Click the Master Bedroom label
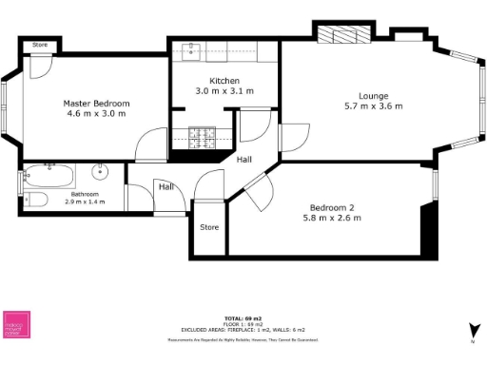tap(96, 103)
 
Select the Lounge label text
tap(373, 95)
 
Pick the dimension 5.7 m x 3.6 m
tap(373, 106)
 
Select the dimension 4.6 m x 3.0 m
tap(96, 113)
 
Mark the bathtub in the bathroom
tap(48, 175)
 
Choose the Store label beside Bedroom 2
tap(209, 227)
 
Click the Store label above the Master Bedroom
tap(40, 45)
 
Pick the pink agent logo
tap(17, 324)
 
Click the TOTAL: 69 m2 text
tap(243, 317)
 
